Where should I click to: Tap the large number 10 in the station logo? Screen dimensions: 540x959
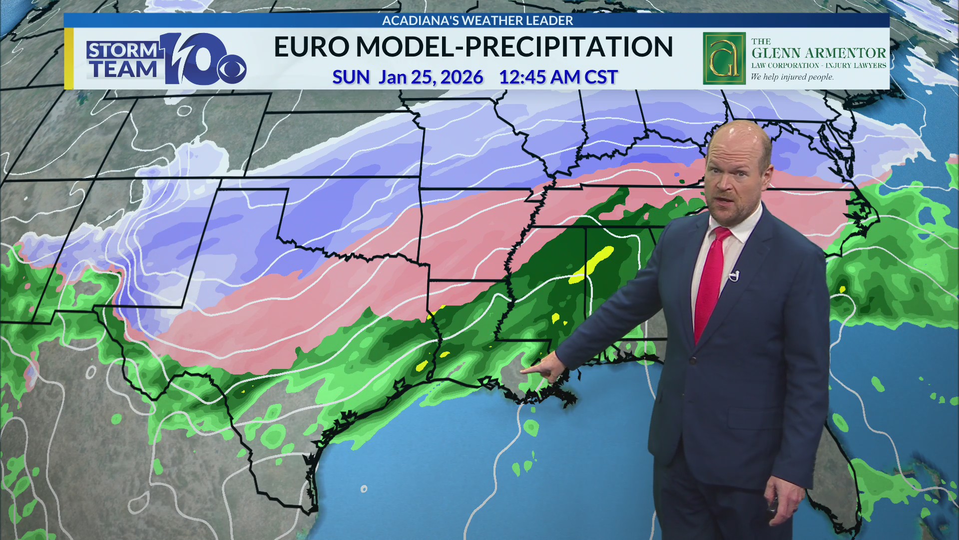[x=192, y=59]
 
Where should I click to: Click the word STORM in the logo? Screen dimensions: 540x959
[x=122, y=50]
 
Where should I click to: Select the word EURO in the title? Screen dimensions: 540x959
[x=311, y=47]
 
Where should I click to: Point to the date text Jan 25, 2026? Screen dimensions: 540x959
[x=431, y=77]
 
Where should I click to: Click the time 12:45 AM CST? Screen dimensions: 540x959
[x=558, y=77]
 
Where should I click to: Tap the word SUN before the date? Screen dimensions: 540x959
[x=351, y=77]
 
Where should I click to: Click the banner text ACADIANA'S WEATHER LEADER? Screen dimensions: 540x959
[x=477, y=20]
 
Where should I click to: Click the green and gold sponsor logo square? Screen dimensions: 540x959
[x=724, y=58]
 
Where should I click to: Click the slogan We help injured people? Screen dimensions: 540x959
[x=792, y=77]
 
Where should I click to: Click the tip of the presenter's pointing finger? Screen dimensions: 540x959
[x=522, y=371]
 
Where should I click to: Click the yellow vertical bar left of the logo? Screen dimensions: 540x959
[x=69, y=58]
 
